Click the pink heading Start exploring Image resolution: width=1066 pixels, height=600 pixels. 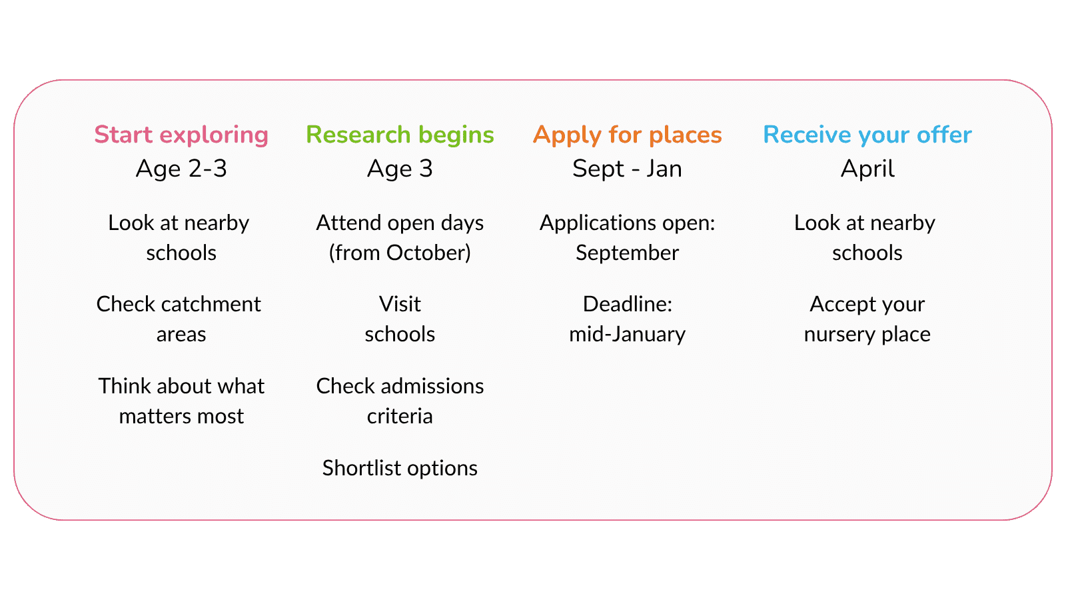pyautogui.click(x=181, y=135)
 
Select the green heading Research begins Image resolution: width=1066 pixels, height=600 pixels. pyautogui.click(x=400, y=135)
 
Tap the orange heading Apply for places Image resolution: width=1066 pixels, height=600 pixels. pyautogui.click(x=627, y=135)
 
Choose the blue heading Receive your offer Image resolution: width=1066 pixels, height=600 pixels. pyautogui.click(x=867, y=135)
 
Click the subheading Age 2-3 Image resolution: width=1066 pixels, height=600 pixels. pyautogui.click(x=181, y=169)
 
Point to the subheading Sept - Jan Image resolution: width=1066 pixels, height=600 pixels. pyautogui.click(x=627, y=169)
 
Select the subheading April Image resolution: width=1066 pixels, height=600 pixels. pyautogui.click(x=867, y=169)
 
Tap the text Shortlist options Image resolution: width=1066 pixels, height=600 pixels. pyautogui.click(x=400, y=469)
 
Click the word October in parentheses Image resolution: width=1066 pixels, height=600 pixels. pyautogui.click(x=428, y=253)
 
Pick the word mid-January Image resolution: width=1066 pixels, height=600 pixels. pyautogui.click(x=627, y=334)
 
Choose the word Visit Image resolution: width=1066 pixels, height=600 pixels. pyautogui.click(x=400, y=304)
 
